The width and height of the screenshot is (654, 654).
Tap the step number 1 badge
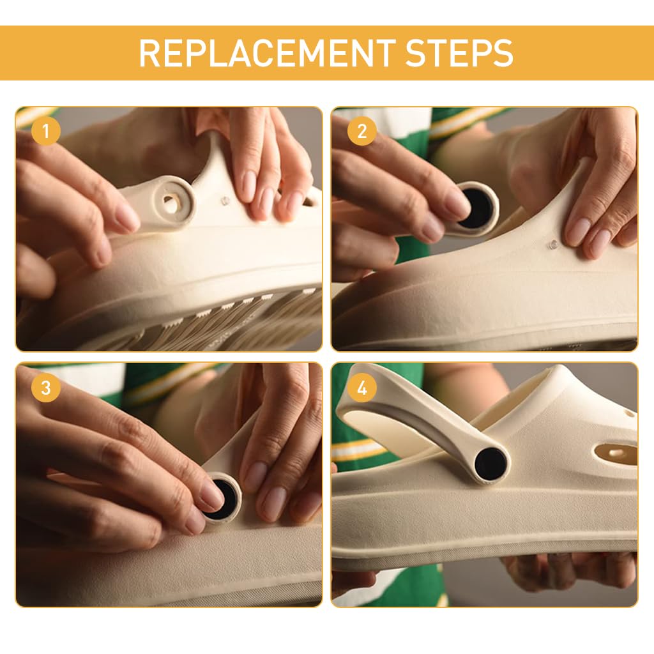coord(45,132)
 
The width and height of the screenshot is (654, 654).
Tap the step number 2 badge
coord(362,132)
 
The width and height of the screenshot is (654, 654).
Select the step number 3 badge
coord(45,388)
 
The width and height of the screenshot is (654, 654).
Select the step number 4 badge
coord(362,388)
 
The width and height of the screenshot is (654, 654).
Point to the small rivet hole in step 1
coord(225,201)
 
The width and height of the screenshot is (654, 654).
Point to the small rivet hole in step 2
coord(553,243)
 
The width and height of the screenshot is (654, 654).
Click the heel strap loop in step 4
coord(409,415)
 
